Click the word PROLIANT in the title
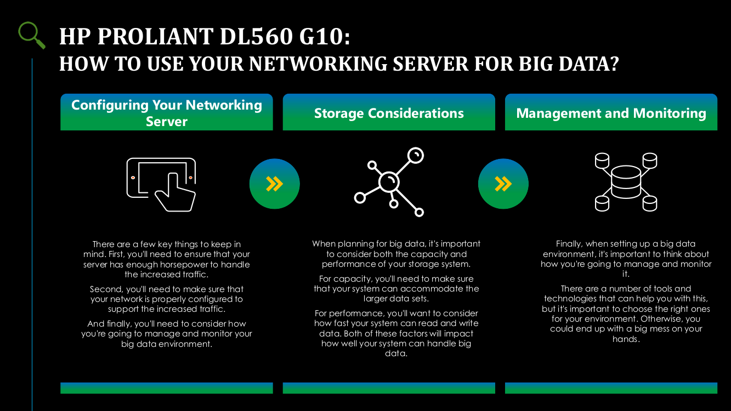[x=155, y=36]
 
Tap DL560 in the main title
[x=256, y=36]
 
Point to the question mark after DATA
[x=614, y=64]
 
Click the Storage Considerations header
[x=389, y=112]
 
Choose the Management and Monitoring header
[x=611, y=112]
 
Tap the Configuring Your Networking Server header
[x=166, y=112]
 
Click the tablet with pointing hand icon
[x=161, y=185]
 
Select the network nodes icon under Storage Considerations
[x=389, y=182]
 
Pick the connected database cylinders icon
[x=626, y=182]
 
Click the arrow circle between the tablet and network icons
[x=274, y=184]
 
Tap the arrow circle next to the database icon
[x=503, y=184]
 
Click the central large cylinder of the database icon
[x=626, y=182]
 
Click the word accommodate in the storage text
[x=431, y=289]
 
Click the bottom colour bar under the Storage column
[x=389, y=388]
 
